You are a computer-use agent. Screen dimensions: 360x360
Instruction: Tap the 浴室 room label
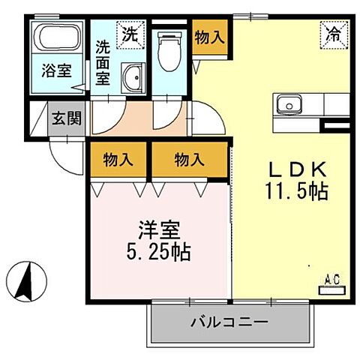pyautogui.click(x=56, y=72)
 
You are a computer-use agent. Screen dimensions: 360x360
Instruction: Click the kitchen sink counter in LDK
pyautogui.click(x=300, y=103)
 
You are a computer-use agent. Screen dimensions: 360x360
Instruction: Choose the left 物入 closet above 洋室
pyautogui.click(x=118, y=159)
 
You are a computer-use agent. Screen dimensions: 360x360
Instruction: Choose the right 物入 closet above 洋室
pyautogui.click(x=189, y=159)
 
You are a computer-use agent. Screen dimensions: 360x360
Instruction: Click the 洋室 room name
pyautogui.click(x=158, y=227)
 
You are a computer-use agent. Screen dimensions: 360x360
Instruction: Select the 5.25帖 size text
pyautogui.click(x=157, y=250)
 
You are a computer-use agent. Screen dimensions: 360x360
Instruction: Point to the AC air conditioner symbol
pyautogui.click(x=331, y=281)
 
